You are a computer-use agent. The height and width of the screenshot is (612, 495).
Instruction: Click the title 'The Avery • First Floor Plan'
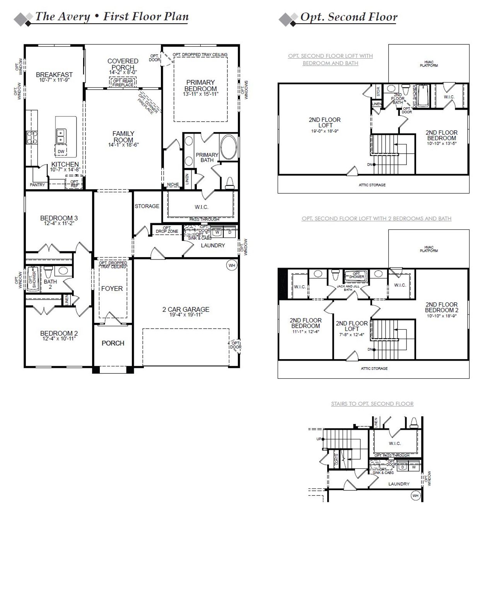pos(112,17)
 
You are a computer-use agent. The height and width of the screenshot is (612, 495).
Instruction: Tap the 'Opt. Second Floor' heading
pos(348,17)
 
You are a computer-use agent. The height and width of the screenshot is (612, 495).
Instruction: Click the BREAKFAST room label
pos(54,75)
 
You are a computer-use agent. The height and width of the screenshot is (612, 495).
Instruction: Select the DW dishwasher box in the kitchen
pos(61,152)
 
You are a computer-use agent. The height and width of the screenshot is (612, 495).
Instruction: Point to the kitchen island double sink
pos(61,136)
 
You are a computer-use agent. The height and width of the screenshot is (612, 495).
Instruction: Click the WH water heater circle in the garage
pos(232,265)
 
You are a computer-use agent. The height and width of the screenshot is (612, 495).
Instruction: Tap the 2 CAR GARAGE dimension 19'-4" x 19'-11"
pos(186,315)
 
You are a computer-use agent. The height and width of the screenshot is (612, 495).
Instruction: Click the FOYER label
pos(112,288)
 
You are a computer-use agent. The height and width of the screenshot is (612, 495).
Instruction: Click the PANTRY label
pos(38,185)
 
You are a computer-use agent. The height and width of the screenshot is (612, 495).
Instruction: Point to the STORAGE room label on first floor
pos(147,206)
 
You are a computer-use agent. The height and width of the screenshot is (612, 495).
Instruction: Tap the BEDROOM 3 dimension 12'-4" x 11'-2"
pos(59,224)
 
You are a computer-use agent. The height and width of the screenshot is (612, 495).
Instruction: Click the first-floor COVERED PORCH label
pos(123,64)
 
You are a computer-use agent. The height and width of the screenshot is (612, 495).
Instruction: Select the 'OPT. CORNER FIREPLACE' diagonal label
pos(148,103)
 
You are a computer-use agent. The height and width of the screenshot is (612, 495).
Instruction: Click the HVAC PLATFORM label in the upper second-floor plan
pos(429,64)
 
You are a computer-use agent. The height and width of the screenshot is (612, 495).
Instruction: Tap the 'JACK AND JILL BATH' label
pos(348,288)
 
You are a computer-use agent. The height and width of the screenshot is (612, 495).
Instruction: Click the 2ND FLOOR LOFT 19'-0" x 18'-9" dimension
pos(324,131)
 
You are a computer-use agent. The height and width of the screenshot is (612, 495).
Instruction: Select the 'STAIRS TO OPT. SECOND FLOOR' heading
pos(372,404)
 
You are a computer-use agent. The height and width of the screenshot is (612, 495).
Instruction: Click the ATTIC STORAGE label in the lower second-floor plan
pos(374,368)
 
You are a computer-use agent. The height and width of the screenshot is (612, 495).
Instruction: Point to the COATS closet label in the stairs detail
pos(336,459)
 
